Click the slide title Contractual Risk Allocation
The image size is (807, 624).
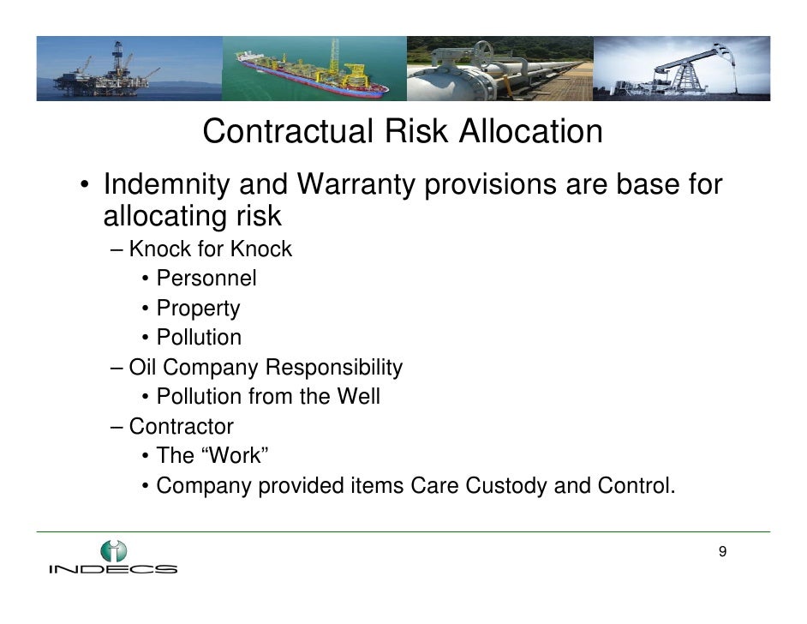pyautogui.click(x=403, y=132)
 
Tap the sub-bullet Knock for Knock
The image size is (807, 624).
pyautogui.click(x=210, y=249)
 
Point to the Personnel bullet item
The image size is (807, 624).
pyautogui.click(x=206, y=279)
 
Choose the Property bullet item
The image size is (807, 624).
pyautogui.click(x=198, y=309)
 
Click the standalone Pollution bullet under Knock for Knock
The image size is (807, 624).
pyautogui.click(x=199, y=338)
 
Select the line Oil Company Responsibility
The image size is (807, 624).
pyautogui.click(x=265, y=368)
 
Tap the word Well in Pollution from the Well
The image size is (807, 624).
pyautogui.click(x=357, y=397)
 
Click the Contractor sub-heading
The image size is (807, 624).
pyautogui.click(x=181, y=426)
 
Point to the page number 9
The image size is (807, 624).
pyautogui.click(x=722, y=551)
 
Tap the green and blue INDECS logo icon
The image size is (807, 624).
pyautogui.click(x=112, y=549)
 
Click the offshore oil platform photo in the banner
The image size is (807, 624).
pyautogui.click(x=129, y=69)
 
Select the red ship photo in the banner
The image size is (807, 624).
pyautogui.click(x=313, y=69)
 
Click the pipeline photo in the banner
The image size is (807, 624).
pyautogui.click(x=499, y=69)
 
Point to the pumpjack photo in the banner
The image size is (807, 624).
pyautogui.click(x=681, y=69)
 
